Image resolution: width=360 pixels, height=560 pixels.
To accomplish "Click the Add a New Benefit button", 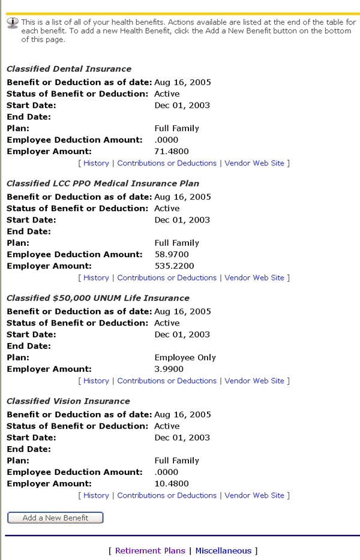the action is tap(55, 517).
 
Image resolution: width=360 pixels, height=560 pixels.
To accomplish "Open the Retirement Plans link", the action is tap(146, 550).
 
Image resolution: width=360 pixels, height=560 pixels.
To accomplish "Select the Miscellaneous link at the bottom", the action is tap(223, 550).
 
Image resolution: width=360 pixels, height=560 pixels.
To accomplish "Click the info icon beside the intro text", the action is tap(13, 22).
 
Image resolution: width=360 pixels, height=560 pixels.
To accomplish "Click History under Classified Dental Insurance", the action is tap(96, 163).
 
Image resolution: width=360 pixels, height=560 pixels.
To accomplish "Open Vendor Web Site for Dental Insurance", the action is tap(254, 163).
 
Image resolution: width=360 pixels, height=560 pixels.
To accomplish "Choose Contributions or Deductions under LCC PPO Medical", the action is tap(167, 278).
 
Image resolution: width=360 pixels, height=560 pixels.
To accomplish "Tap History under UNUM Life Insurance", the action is tap(96, 381).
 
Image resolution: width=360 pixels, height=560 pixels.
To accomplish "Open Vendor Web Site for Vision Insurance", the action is tap(254, 495).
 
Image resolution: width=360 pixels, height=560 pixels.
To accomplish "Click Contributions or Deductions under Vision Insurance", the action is tap(167, 495).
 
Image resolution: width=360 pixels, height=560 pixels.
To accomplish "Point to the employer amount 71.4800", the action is tap(172, 151).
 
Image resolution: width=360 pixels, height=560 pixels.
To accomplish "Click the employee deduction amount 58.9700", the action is tap(172, 254).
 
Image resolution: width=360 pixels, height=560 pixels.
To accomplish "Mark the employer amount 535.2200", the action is tap(174, 266).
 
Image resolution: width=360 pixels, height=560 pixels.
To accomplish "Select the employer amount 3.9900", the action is tap(169, 369).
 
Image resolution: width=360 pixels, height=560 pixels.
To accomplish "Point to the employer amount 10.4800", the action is tap(172, 483).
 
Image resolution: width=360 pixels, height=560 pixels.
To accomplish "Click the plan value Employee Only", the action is tap(185, 357).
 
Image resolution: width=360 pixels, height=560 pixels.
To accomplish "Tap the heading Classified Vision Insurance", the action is tap(68, 401).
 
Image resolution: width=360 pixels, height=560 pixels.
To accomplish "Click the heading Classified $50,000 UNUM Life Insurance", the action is tap(98, 298).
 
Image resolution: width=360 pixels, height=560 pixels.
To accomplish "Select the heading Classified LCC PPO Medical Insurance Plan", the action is tap(103, 183).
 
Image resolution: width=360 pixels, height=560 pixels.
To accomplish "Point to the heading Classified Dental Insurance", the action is tap(68, 69).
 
